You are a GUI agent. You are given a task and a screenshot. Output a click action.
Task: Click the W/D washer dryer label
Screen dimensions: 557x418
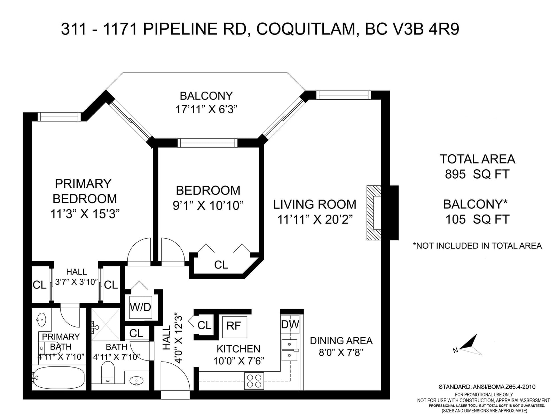140,307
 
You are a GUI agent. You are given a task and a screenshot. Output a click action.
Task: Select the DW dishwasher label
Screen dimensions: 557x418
290,324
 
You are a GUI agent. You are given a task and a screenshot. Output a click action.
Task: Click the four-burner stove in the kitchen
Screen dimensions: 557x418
254,381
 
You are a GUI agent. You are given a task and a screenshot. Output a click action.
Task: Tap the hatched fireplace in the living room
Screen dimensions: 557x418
374,213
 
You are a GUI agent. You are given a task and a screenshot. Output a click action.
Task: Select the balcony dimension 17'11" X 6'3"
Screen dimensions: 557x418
206,110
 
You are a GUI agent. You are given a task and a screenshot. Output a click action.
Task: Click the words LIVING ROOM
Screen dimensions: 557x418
315,204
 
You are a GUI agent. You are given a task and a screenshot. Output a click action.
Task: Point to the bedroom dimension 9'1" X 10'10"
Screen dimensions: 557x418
208,205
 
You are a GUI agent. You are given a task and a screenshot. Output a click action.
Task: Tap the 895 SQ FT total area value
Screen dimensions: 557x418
477,174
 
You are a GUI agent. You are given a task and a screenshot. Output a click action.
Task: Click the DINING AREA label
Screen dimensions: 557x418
341,341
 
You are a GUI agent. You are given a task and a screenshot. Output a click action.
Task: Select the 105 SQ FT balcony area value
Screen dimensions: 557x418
477,219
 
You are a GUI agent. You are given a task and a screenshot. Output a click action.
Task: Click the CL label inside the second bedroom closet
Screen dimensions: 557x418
221,265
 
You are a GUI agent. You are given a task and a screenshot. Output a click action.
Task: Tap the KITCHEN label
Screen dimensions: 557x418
238,349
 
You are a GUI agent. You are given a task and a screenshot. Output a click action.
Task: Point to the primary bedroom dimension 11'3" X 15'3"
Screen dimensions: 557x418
85,214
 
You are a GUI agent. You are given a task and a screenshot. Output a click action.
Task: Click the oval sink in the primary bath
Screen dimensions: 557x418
41,319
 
